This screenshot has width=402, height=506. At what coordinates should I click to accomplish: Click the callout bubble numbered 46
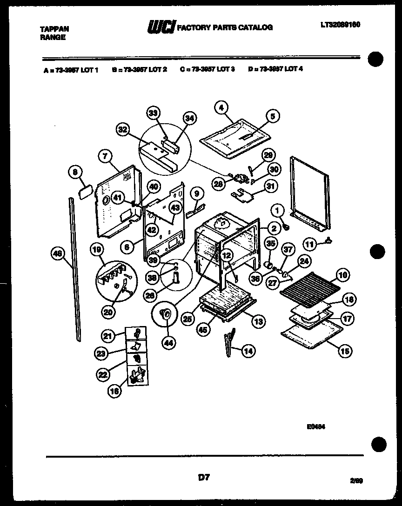pyautogui.click(x=57, y=253)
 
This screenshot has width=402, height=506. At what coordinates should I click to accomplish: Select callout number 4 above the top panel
pyautogui.click(x=222, y=107)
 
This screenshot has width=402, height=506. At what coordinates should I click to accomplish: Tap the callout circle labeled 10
pyautogui.click(x=343, y=275)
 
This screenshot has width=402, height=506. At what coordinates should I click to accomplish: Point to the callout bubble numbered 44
pyautogui.click(x=167, y=343)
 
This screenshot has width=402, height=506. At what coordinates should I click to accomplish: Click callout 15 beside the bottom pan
pyautogui.click(x=345, y=351)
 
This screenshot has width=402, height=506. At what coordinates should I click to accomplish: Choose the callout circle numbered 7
pyautogui.click(x=105, y=157)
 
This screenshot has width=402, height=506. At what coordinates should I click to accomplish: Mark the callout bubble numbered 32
pyautogui.click(x=123, y=130)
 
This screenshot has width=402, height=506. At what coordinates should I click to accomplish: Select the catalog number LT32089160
pyautogui.click(x=341, y=24)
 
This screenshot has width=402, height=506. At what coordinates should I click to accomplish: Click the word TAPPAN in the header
pyautogui.click(x=54, y=29)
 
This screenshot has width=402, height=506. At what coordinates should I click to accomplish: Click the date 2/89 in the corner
pyautogui.click(x=356, y=481)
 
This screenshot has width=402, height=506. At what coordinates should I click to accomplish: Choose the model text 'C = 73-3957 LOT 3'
pyautogui.click(x=208, y=69)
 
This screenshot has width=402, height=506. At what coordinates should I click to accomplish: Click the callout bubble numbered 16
pyautogui.click(x=114, y=392)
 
